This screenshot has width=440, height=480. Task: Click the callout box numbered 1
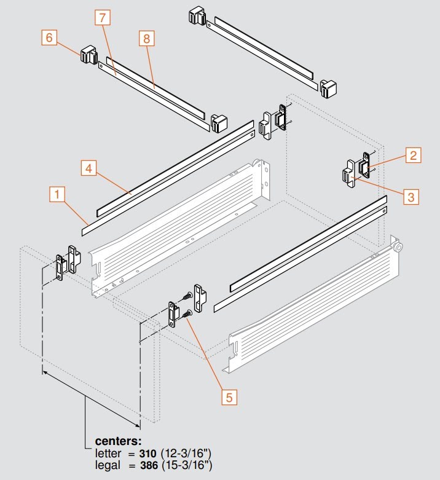click(57, 196)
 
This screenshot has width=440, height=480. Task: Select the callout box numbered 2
click(412, 155)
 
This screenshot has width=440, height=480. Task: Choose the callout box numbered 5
click(228, 396)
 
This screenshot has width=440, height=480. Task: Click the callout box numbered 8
click(146, 38)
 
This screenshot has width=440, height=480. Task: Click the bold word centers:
click(118, 441)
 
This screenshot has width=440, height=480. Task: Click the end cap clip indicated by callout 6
click(88, 55)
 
